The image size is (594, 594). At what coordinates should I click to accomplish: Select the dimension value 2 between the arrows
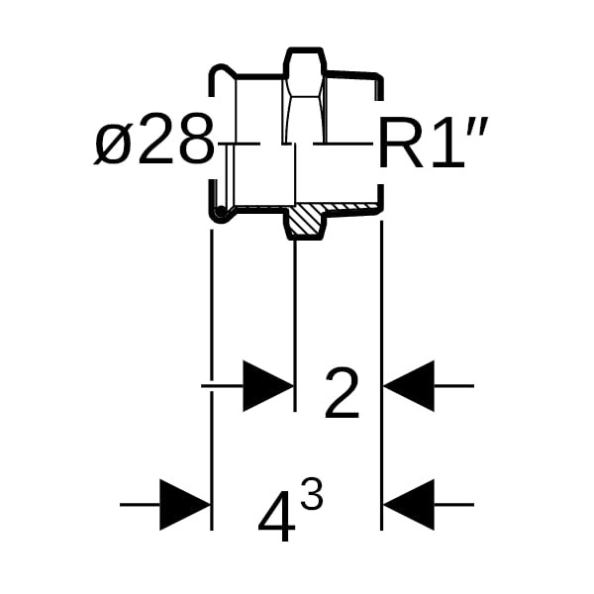tap(342, 395)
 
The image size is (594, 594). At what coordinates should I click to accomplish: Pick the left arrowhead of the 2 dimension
tap(268, 385)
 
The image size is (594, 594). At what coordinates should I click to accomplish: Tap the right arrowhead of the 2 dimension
tap(409, 385)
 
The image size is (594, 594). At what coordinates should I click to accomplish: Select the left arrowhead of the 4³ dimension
tap(185, 505)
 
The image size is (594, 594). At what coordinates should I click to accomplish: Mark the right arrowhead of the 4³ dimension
tap(409, 505)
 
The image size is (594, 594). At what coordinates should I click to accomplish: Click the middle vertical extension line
tap(296, 317)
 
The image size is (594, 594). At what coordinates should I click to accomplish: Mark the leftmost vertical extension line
tap(212, 376)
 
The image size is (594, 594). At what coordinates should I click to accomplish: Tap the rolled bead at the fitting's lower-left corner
tap(216, 211)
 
